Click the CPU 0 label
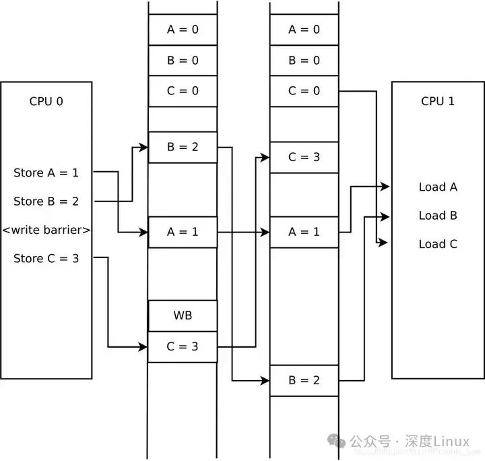coord(46,102)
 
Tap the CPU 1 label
coord(437,101)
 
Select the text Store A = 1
coord(46,173)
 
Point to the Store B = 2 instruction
coord(46,201)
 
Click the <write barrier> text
coord(46,230)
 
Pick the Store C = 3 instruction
coord(46,258)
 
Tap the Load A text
coord(438,187)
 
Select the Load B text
coord(438,216)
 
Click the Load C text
coord(438,244)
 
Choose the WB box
coord(183,316)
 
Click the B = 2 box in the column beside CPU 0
coord(183,147)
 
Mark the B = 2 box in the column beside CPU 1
coord(304,380)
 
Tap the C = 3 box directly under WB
coord(183,347)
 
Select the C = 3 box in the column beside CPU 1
coord(304,158)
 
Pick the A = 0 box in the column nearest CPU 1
coord(304,30)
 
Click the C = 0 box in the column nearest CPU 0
coord(183,91)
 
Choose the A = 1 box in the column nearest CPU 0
coord(183,232)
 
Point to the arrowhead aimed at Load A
coord(385,187)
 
